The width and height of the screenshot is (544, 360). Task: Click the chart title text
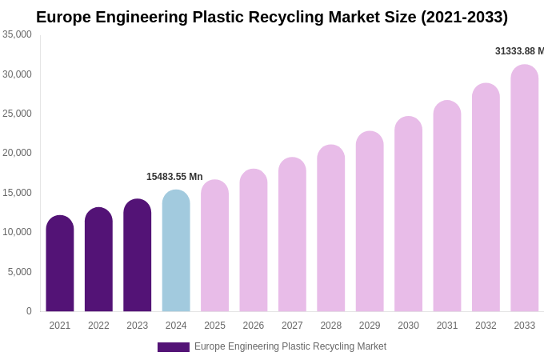(x=272, y=17)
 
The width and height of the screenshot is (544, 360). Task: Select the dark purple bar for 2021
(x=60, y=264)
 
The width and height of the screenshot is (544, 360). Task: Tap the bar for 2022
(x=98, y=260)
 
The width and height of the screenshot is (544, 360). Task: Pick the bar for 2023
(x=138, y=256)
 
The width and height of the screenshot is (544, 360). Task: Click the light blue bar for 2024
(x=176, y=251)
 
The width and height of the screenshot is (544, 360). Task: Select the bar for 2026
(x=254, y=241)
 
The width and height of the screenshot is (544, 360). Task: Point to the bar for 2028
(x=331, y=229)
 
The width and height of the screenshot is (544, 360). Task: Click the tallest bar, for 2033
(x=525, y=189)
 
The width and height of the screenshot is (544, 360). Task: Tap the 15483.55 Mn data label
(x=174, y=177)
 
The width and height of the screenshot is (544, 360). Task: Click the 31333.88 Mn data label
(x=519, y=51)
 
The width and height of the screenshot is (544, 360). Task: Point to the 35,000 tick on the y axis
(x=18, y=34)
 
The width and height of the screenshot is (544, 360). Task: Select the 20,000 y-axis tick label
(x=18, y=153)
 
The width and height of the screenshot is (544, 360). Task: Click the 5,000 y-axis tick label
(x=20, y=272)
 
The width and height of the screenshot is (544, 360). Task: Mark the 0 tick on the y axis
(x=29, y=311)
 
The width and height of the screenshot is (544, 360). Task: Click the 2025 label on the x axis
(x=214, y=326)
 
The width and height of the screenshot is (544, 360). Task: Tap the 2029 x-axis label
(x=370, y=326)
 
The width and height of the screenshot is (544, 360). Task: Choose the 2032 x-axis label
(x=486, y=326)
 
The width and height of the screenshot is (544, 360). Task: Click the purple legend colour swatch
(x=174, y=347)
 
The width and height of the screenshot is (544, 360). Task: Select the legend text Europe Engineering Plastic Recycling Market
(x=290, y=346)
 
